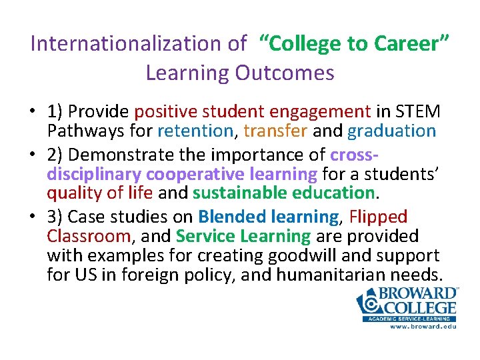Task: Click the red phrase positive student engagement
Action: [253, 112]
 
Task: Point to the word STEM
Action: [418, 112]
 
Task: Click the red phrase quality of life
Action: [100, 193]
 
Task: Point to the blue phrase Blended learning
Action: [268, 217]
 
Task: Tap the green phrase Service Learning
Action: [243, 236]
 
